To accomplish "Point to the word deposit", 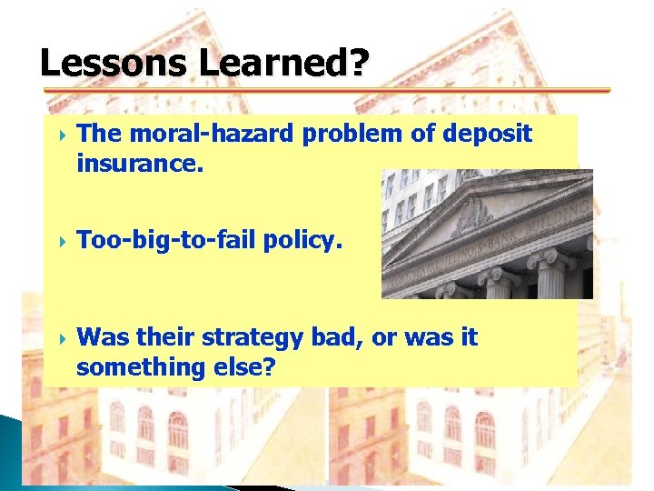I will click(x=488, y=134).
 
